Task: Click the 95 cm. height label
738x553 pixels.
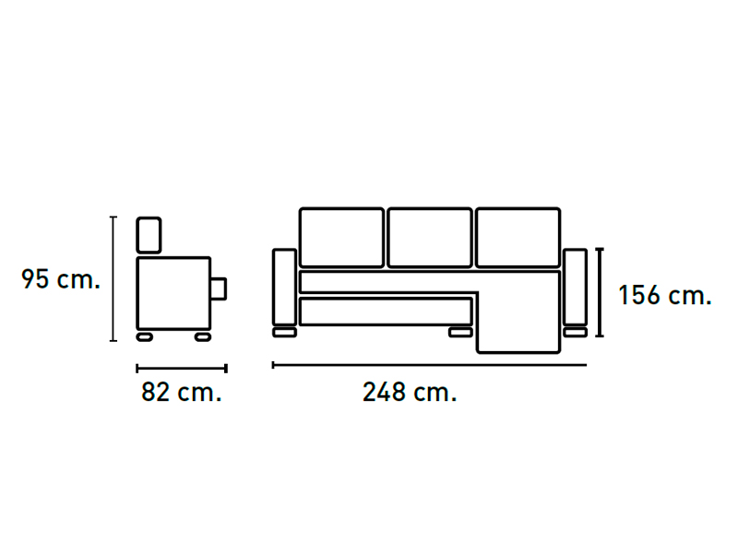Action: tap(61, 279)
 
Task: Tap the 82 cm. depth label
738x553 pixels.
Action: tap(181, 392)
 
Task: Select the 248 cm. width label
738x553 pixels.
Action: tap(410, 392)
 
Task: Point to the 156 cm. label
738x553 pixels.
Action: tap(664, 295)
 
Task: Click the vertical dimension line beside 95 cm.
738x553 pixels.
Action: tap(113, 279)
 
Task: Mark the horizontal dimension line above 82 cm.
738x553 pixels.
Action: tap(182, 368)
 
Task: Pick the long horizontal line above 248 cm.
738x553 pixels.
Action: tap(429, 364)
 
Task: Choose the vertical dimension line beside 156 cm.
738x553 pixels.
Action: tap(599, 292)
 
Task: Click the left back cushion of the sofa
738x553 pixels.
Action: tap(341, 238)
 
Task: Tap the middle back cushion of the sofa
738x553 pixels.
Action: tap(430, 238)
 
